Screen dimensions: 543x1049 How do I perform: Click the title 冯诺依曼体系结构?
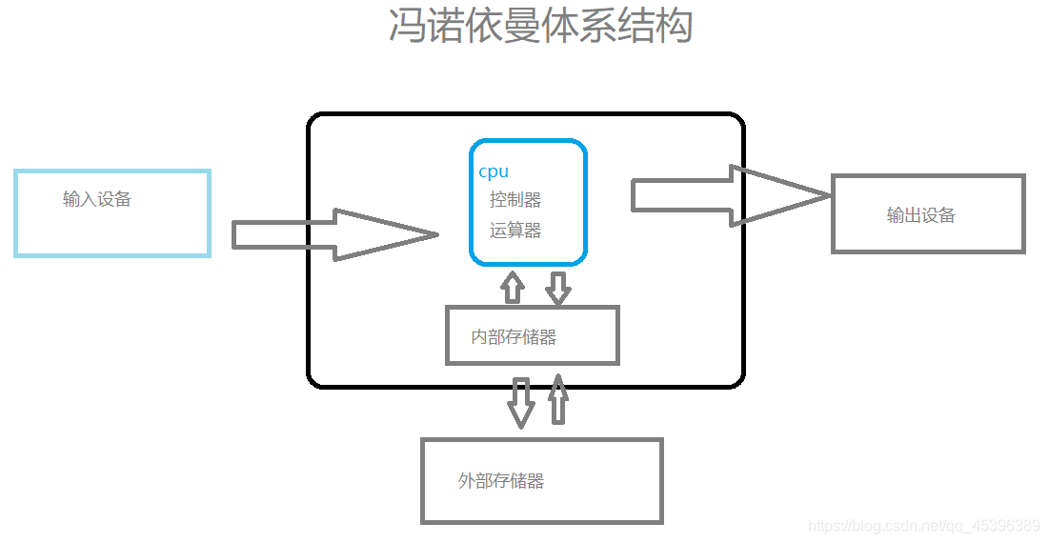540,26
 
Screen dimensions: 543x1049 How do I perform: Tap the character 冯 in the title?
406,26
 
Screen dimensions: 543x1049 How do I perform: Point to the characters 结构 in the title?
658,26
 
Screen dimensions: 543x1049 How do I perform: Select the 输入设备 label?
97,199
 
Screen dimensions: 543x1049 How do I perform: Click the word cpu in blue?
494,171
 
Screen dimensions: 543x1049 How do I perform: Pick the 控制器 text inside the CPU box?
515,200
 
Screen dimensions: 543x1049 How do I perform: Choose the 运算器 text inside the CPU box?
515,231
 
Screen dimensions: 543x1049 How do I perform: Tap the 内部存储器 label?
514,337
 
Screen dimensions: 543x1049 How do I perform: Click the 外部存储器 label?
501,481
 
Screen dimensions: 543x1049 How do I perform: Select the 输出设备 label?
920,215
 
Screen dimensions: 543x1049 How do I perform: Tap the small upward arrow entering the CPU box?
513,287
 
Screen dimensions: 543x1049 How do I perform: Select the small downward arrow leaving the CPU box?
557,288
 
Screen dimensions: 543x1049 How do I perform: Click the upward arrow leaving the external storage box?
558,400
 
